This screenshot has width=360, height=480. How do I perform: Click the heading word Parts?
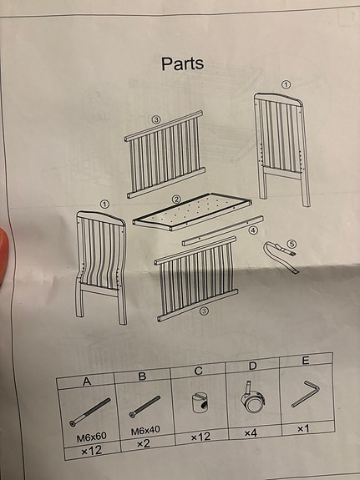point(183,64)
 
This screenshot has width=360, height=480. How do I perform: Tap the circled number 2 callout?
point(176,200)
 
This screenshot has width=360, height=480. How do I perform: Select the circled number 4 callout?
point(253,230)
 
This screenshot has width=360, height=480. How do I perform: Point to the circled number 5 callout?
point(292,244)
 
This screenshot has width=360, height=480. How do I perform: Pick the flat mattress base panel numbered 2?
point(192,211)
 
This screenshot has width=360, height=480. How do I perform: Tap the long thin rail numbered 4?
point(223,230)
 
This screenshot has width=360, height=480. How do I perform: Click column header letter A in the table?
point(87,381)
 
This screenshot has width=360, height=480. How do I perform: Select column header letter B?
point(142,376)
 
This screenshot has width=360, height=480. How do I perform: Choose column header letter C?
point(198,371)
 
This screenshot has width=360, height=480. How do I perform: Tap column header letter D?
point(252,366)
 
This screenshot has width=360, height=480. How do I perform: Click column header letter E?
point(305,361)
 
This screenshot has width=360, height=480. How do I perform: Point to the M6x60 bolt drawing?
point(89,412)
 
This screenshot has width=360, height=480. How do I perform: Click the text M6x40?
point(145,431)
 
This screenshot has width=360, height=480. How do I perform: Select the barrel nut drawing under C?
point(200,403)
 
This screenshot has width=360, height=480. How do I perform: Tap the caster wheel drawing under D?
point(252,397)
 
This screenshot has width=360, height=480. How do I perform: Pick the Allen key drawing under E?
point(305,394)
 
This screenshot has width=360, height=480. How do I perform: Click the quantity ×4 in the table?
point(251,433)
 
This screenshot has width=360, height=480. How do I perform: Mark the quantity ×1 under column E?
point(303,429)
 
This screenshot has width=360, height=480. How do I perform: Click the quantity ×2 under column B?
point(144,443)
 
